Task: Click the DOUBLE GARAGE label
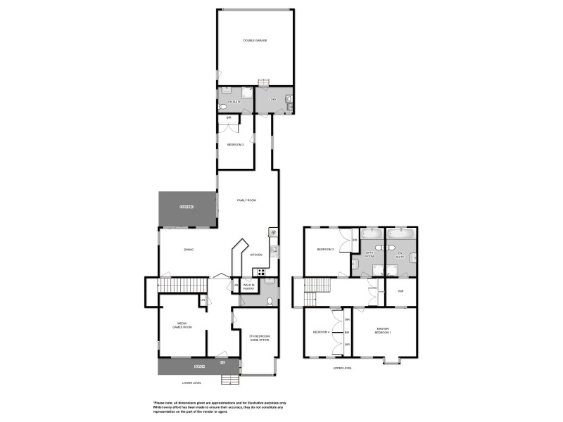click(x=255, y=40)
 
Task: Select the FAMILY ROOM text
click(x=246, y=200)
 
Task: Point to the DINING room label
click(x=189, y=250)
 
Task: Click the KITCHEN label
click(x=256, y=255)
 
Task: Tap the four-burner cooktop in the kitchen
click(x=260, y=272)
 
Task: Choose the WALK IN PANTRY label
click(x=248, y=287)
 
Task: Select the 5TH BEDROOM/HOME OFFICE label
click(x=259, y=338)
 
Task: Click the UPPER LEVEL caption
click(x=343, y=368)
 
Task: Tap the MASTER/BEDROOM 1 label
click(x=383, y=331)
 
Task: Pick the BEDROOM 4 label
click(x=321, y=331)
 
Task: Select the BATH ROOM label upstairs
click(x=369, y=255)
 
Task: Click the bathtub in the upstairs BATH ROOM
click(x=371, y=233)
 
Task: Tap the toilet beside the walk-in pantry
click(x=270, y=302)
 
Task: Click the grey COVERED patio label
click(x=186, y=207)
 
